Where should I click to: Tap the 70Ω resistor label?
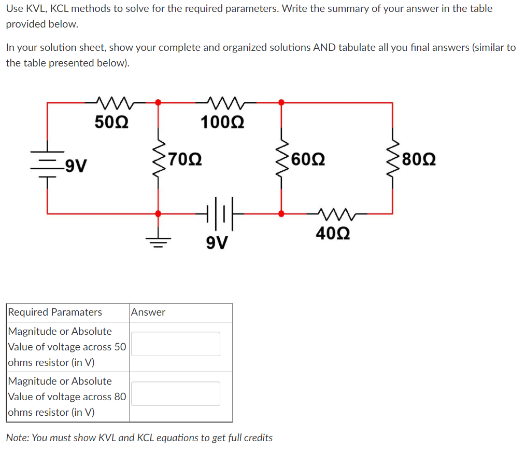click(186, 158)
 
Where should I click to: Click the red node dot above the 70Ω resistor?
click(158, 102)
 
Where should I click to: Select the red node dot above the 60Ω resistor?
click(281, 102)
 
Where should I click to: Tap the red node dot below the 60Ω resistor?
click(281, 213)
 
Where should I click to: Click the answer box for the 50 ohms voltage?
click(175, 344)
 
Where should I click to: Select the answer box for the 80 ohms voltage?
click(175, 393)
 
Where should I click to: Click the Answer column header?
click(148, 312)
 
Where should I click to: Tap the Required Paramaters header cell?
click(55, 312)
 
